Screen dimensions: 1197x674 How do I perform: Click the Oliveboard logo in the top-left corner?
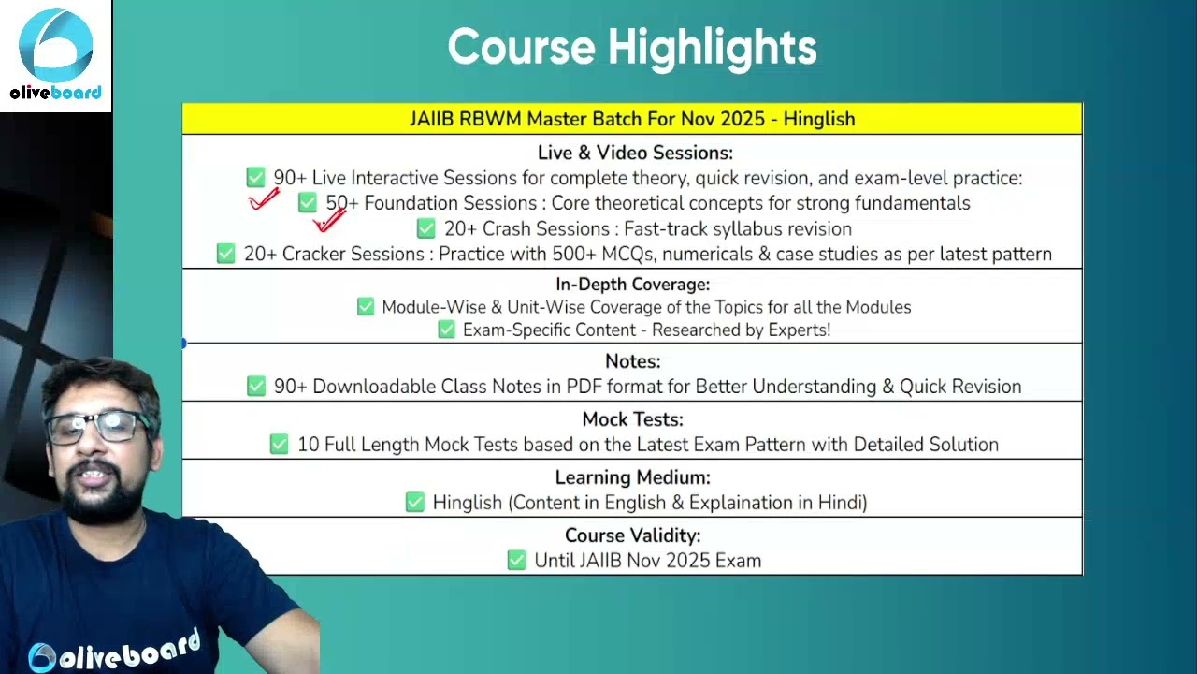pos(55,54)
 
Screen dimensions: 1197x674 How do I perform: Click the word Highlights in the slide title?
pos(713,48)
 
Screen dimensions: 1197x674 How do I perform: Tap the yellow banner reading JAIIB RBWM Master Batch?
pos(632,118)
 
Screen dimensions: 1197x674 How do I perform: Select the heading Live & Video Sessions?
pos(635,153)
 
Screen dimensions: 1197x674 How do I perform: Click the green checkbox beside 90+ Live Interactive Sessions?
pos(255,177)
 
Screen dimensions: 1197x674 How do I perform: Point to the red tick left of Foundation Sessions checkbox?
pos(264,200)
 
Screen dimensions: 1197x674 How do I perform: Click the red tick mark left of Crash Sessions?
pos(329,220)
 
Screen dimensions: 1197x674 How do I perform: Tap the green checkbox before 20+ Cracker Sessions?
pos(225,254)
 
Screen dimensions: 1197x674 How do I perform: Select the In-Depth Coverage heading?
pos(633,284)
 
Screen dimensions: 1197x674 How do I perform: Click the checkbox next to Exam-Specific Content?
pos(446,330)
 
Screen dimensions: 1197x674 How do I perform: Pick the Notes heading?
pos(633,361)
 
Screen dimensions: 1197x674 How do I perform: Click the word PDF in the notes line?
pos(584,387)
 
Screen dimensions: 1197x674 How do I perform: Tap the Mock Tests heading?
pos(633,419)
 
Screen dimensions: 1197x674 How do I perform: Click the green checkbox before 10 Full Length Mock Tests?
pos(279,444)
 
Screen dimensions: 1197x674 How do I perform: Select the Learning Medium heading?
pos(633,477)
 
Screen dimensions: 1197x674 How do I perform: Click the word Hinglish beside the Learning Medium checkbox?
pos(468,503)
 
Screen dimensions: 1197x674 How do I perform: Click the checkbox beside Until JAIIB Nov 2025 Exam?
pos(516,560)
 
